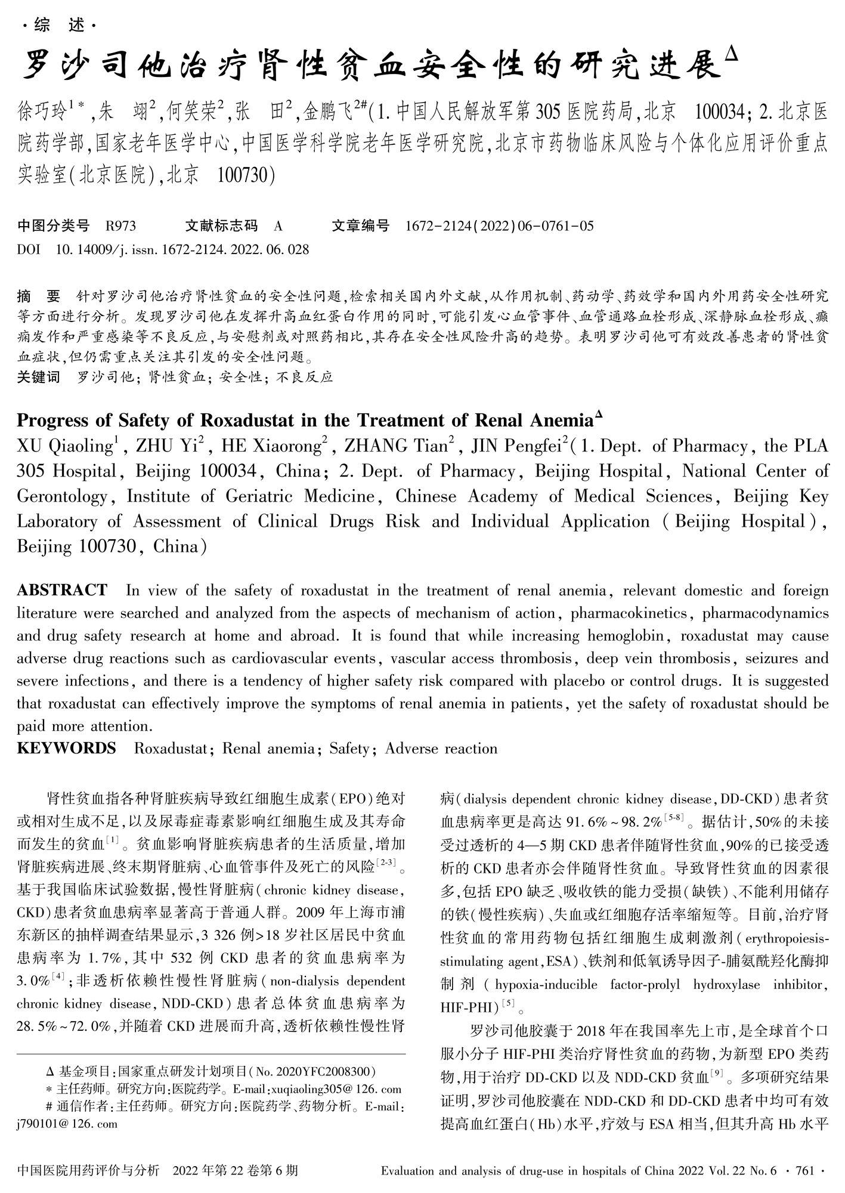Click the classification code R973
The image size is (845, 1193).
coord(120,226)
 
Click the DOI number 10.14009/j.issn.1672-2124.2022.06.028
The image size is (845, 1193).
coord(182,249)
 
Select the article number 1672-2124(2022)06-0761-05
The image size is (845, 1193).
coord(499,226)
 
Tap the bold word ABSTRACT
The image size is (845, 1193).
coord(62,591)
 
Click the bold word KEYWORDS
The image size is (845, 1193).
coord(66,748)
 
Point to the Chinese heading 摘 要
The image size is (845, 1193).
coord(39,296)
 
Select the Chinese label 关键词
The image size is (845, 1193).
coord(39,377)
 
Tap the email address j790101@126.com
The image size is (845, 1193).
coord(67,1124)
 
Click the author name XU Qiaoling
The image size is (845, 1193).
coord(64,446)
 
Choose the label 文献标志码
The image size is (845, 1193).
coord(221,226)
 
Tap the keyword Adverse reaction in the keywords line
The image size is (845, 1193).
coord(441,748)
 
